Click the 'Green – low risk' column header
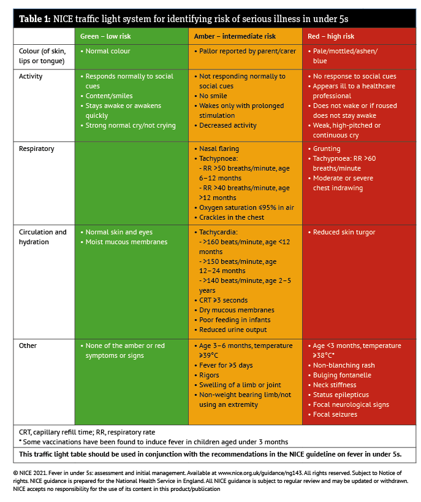(105, 36)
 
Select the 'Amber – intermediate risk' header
(235, 36)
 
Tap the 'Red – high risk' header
(331, 36)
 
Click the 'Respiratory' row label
(36, 149)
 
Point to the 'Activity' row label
(31, 76)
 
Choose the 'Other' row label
(28, 346)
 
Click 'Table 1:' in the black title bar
(34, 19)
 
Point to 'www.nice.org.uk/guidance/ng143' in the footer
(259, 473)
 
